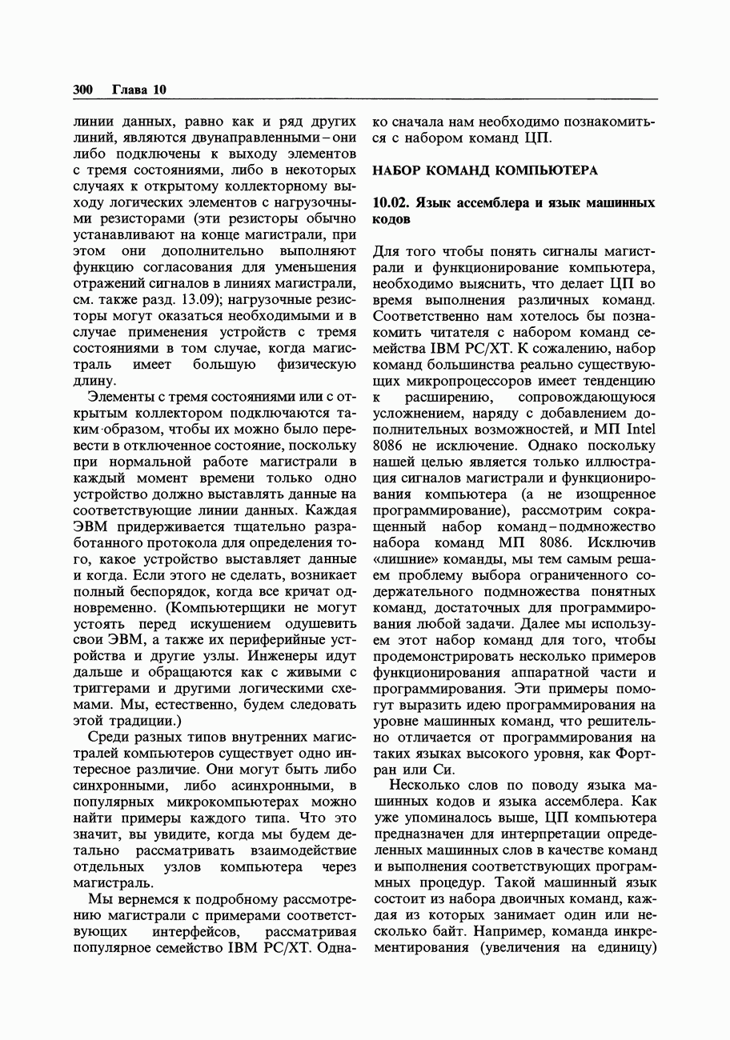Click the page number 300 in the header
[x=83, y=90]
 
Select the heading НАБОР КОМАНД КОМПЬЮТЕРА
[x=486, y=170]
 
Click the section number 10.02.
[x=393, y=202]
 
